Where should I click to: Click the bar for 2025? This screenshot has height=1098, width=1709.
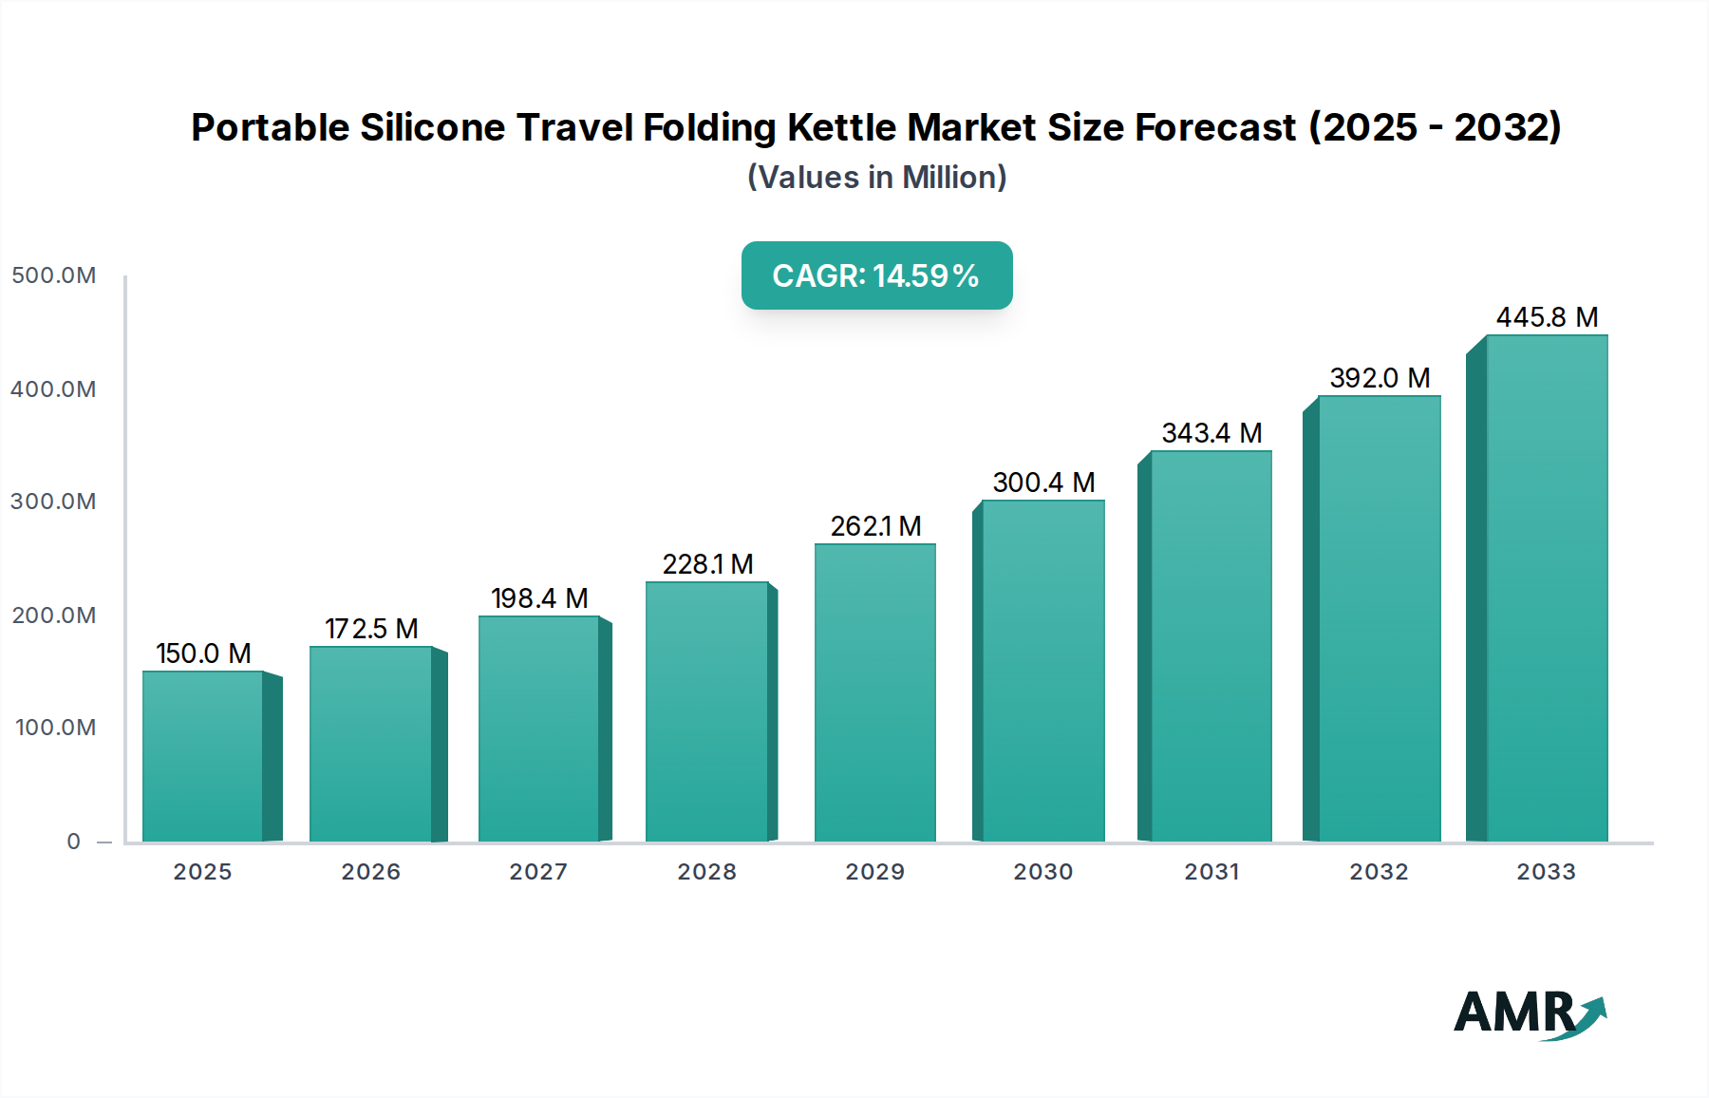202,756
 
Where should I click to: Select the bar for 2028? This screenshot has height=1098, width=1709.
706,711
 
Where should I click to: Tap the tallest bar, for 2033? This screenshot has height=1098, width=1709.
1547,588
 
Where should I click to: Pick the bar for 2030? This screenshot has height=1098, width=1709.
1042,671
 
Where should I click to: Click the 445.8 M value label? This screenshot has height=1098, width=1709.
1547,317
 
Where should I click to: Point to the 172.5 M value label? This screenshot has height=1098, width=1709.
371,629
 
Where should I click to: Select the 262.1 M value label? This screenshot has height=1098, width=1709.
875,526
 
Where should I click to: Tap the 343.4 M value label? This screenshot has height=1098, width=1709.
1211,433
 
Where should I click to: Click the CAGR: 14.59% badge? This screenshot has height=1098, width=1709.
876,275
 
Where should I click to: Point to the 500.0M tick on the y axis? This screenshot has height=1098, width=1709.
53,275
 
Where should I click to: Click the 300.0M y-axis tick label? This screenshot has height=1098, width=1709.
53,502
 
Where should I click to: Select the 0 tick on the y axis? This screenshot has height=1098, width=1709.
74,842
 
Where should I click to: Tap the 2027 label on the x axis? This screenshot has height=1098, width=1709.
538,872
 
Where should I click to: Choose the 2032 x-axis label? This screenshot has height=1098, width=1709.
1379,872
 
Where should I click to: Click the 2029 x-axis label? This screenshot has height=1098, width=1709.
874,872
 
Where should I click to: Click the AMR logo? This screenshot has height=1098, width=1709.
1529,1013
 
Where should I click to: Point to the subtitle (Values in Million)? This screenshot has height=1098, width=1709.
876,178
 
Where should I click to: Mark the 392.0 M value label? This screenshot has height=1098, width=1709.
1380,378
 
